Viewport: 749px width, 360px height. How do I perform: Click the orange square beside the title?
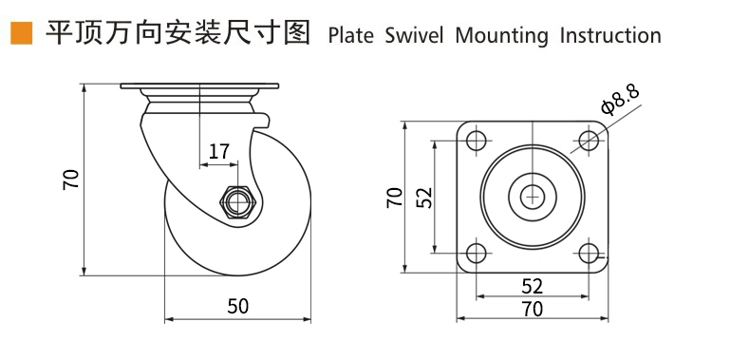pos(21,33)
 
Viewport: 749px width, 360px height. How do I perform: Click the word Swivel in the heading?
pos(414,36)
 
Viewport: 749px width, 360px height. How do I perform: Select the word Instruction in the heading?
pos(610,36)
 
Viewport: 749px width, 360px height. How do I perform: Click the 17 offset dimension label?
pos(219,152)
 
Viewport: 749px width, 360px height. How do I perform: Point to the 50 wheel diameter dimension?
pos(238,307)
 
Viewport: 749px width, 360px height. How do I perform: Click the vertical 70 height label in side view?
pos(70,180)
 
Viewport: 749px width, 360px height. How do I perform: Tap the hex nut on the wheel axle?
pos(238,202)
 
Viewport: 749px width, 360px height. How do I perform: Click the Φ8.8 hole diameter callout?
pos(620,101)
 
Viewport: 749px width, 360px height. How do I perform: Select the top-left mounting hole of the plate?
pos(477,140)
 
